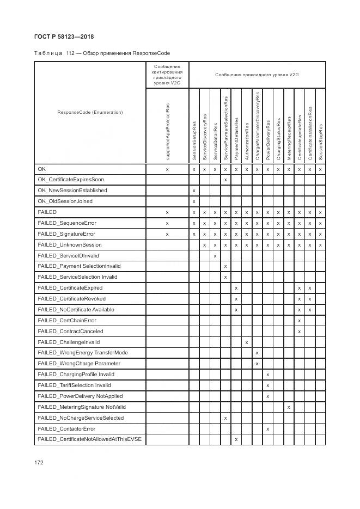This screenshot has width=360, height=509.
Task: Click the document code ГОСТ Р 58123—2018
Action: (x=60, y=36)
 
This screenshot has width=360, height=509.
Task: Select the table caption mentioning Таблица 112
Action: (x=102, y=53)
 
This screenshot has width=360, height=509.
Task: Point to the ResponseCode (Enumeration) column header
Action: (x=90, y=112)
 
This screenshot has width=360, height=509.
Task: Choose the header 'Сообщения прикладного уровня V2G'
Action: (x=257, y=75)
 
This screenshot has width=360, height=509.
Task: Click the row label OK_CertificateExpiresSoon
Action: (x=71, y=179)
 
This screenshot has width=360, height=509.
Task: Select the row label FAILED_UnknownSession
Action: (x=69, y=244)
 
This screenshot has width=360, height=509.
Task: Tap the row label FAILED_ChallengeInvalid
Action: (x=69, y=342)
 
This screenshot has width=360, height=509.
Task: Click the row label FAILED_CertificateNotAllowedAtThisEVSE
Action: (x=89, y=439)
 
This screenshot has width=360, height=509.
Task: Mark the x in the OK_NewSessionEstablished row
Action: (x=194, y=191)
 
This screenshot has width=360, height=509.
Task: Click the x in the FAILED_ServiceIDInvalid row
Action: (x=215, y=255)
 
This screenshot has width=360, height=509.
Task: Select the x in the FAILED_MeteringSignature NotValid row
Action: (x=289, y=407)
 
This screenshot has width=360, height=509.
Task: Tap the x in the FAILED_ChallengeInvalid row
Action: (x=247, y=342)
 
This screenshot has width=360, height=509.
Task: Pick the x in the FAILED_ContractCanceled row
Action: (x=299, y=332)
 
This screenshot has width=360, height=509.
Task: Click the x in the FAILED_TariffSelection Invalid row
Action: (x=267, y=385)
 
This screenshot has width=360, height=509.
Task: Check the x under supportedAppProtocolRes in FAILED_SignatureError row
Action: (x=167, y=234)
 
